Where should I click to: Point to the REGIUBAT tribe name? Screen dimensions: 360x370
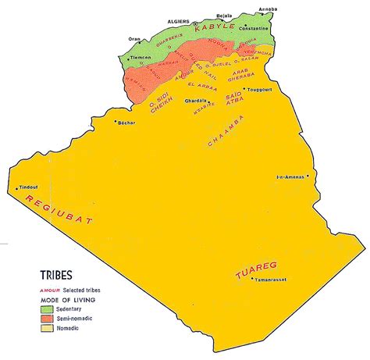[x=58, y=212]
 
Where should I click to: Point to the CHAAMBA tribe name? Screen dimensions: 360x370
[x=227, y=130]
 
